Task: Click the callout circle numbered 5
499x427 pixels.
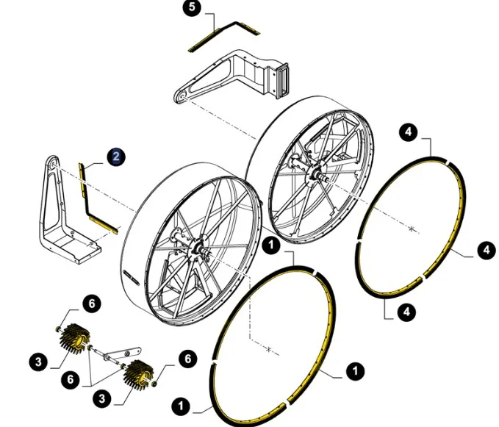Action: (x=192, y=7)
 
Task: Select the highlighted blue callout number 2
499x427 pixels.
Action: (x=116, y=157)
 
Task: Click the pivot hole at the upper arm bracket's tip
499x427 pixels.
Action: (x=181, y=96)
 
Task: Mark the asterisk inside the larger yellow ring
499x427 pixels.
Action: (x=269, y=350)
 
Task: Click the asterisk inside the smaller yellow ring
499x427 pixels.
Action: (x=412, y=229)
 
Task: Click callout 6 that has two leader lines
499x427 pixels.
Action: (x=71, y=379)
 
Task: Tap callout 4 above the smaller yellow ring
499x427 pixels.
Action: (x=409, y=132)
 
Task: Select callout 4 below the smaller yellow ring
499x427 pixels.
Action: (x=406, y=312)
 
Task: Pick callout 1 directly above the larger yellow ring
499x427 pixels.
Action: (x=271, y=245)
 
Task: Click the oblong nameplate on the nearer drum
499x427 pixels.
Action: (x=131, y=276)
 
